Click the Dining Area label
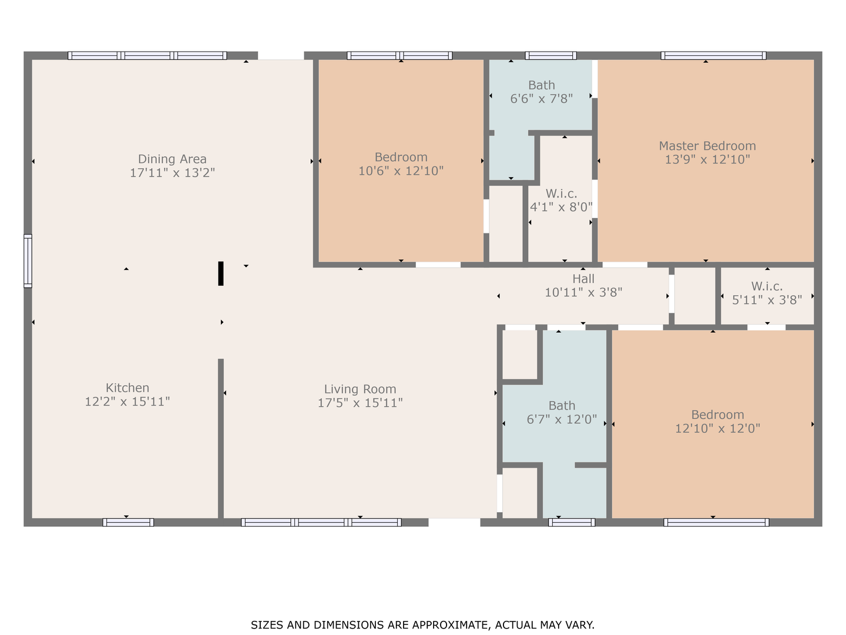click(172, 159)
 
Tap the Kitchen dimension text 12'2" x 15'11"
click(127, 402)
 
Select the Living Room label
click(360, 389)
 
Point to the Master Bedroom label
click(707, 146)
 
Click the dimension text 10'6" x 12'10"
click(401, 171)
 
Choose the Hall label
click(583, 278)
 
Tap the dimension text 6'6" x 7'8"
click(542, 99)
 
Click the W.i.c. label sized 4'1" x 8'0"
click(561, 193)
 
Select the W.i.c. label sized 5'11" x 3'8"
click(767, 286)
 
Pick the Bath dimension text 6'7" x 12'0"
click(562, 419)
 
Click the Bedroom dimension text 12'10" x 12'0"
click(717, 429)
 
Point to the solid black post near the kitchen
click(221, 273)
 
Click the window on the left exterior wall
click(28, 261)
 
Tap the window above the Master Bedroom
click(713, 55)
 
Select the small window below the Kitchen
click(128, 522)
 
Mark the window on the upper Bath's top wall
click(550, 55)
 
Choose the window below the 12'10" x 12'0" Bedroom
click(716, 522)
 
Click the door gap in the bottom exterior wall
click(454, 522)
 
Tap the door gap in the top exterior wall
click(281, 55)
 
